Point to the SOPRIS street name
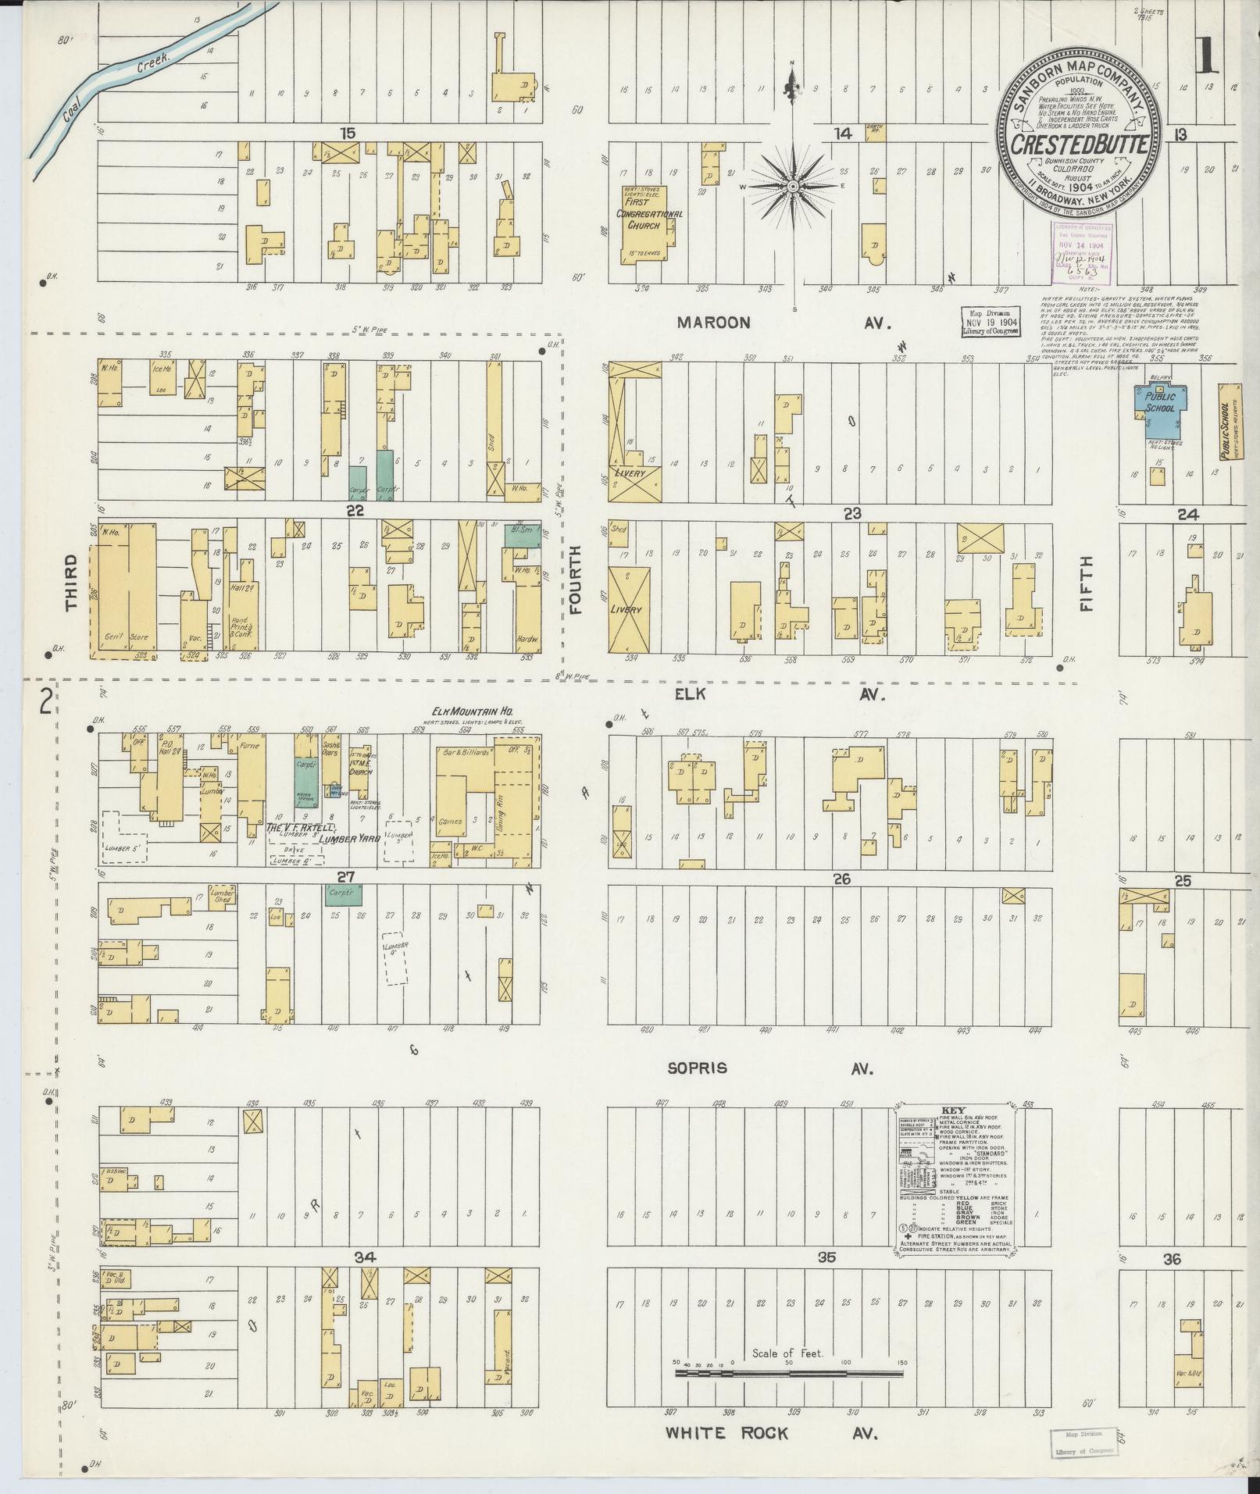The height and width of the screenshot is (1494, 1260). coord(697,1068)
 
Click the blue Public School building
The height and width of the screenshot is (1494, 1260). coord(1159,405)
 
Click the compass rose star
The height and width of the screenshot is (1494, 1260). coord(793,186)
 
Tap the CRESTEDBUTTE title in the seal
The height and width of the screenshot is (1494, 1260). coord(1081,145)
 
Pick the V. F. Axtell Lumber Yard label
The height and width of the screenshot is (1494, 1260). coord(323,833)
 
